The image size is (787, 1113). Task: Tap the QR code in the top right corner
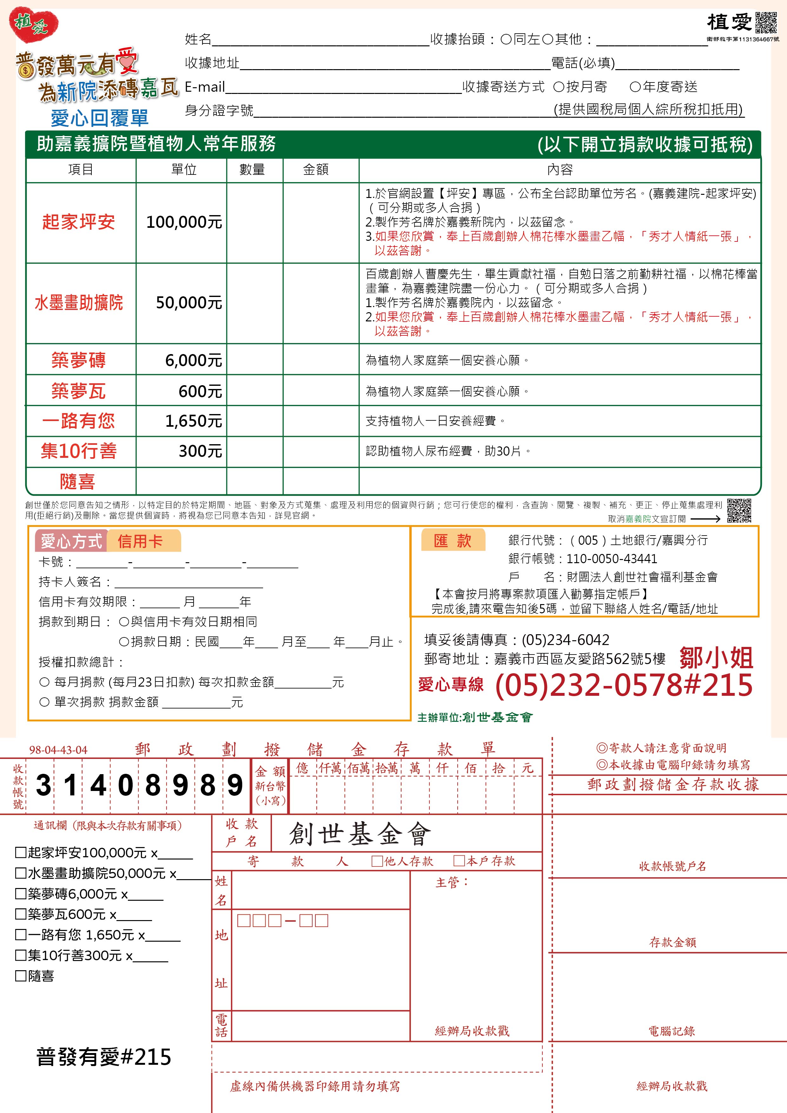pyautogui.click(x=766, y=23)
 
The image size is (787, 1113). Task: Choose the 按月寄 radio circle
pyautogui.click(x=559, y=87)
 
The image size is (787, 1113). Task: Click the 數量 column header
pyautogui.click(x=252, y=170)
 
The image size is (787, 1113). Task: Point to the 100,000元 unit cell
pyautogui.click(x=184, y=222)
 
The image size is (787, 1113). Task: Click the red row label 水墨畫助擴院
pyautogui.click(x=79, y=303)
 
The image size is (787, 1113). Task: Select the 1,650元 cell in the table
pyautogui.click(x=193, y=421)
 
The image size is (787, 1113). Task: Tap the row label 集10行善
pyautogui.click(x=79, y=451)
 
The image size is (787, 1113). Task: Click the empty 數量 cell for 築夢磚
pyautogui.click(x=255, y=360)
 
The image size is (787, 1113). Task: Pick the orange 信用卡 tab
pyautogui.click(x=141, y=542)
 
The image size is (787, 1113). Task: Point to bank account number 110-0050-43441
pyautogui.click(x=612, y=559)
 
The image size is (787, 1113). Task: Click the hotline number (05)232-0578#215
pyautogui.click(x=624, y=685)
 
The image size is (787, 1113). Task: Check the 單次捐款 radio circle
pyautogui.click(x=45, y=702)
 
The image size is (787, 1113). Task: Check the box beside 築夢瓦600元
pyautogui.click(x=20, y=914)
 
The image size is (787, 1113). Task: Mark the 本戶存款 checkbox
pyautogui.click(x=459, y=861)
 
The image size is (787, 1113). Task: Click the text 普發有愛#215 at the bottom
pyautogui.click(x=104, y=1057)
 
